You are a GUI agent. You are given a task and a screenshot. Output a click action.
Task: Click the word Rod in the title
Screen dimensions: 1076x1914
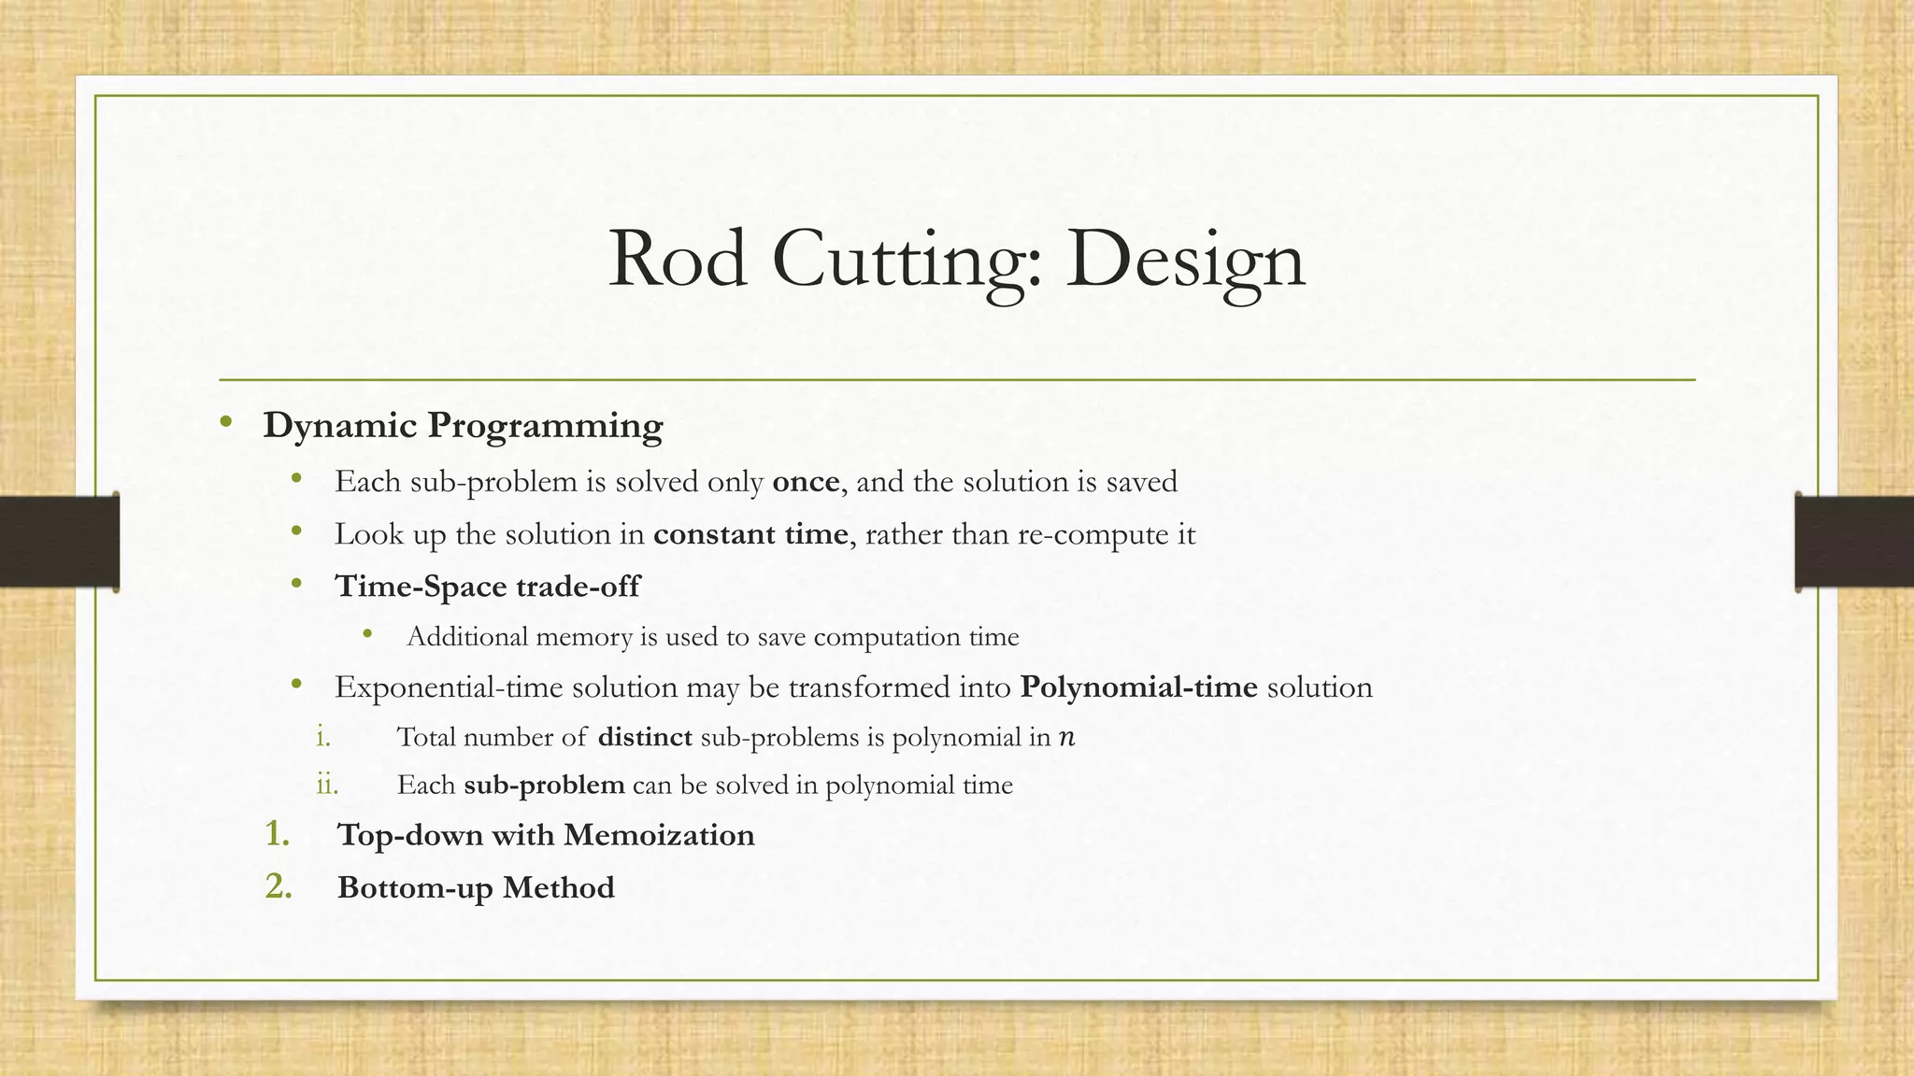point(678,260)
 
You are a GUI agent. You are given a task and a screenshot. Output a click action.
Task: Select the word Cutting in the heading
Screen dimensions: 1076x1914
point(906,260)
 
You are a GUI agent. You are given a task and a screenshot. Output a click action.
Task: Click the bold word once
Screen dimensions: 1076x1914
point(806,482)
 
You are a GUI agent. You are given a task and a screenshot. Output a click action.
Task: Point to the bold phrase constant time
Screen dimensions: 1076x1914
point(750,534)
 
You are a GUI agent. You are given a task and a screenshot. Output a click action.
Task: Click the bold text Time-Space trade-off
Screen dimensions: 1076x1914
point(487,587)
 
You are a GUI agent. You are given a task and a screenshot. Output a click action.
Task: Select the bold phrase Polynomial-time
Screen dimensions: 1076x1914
point(1138,687)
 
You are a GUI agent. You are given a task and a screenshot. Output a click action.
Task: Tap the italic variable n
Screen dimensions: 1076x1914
point(1066,738)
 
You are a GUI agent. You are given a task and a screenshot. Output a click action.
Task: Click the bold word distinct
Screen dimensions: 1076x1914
point(645,738)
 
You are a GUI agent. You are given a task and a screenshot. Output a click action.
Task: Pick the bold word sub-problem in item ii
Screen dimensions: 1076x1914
point(544,785)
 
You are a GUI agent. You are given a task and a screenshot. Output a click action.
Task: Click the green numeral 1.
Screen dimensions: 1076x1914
point(277,834)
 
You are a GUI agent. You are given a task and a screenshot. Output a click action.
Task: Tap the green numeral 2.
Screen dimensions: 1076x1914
point(278,886)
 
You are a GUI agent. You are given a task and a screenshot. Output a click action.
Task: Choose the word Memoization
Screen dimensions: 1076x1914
point(659,835)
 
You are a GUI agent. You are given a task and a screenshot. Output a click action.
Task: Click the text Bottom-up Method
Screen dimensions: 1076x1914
point(476,887)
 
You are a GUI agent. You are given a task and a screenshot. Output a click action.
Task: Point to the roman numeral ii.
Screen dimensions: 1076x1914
point(327,785)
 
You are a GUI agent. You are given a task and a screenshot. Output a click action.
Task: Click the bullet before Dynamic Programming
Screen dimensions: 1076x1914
point(225,423)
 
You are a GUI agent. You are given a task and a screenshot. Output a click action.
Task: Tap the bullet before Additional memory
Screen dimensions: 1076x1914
point(367,635)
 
